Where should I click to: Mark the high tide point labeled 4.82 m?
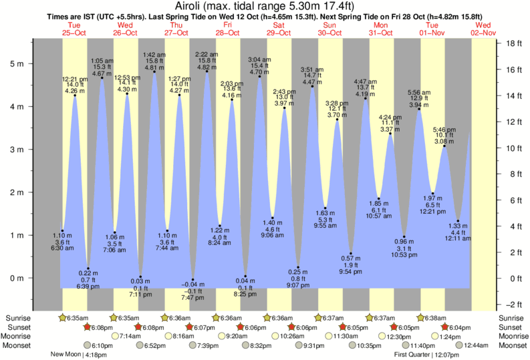[207, 71]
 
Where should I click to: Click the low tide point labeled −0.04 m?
[194, 279]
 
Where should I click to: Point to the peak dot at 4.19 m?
[364, 98]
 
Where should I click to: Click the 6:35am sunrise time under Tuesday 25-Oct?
[78, 318]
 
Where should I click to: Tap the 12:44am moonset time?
[473, 345]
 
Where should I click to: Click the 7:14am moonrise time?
[130, 336]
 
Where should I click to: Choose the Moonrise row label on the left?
[19, 336]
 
